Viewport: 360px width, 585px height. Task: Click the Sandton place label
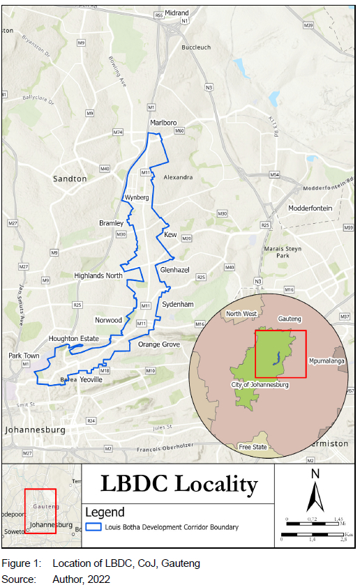pos(70,179)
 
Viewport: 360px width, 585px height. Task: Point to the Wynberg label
pos(137,198)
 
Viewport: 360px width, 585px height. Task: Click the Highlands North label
pos(98,276)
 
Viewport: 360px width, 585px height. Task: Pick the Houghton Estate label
pos(73,339)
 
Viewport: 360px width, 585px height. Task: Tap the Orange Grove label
pos(158,345)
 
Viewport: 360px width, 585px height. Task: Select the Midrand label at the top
pos(177,13)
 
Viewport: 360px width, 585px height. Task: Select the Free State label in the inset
pos(253,447)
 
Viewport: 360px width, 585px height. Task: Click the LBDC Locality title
pos(179,484)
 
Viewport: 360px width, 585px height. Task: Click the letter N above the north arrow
pos(315,474)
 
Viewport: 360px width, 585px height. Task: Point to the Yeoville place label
pos(91,380)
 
